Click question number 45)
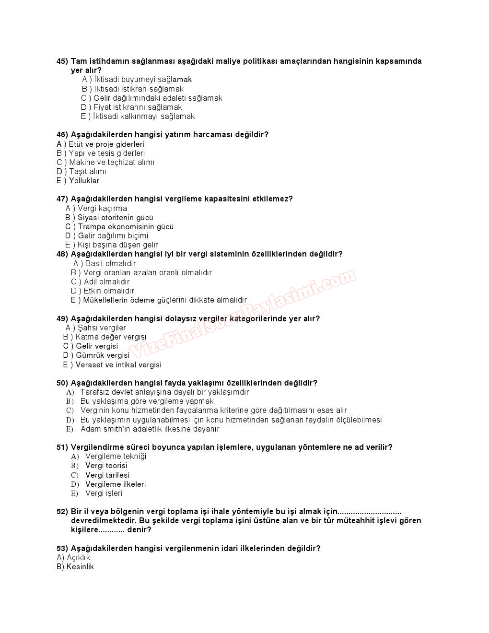point(62,61)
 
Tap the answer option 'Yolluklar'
point(84,181)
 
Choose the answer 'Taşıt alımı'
point(87,172)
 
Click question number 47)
point(62,199)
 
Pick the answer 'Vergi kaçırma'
point(102,209)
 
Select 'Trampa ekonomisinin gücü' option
point(125,227)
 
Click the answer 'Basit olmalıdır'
point(110,264)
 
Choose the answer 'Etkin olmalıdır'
point(108,291)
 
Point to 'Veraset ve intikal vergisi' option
point(118,365)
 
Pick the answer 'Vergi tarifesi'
point(107,475)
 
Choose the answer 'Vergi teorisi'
point(106,466)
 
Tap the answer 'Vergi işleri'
point(104,493)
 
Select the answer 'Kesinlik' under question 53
point(80,567)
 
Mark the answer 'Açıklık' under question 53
point(78,558)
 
